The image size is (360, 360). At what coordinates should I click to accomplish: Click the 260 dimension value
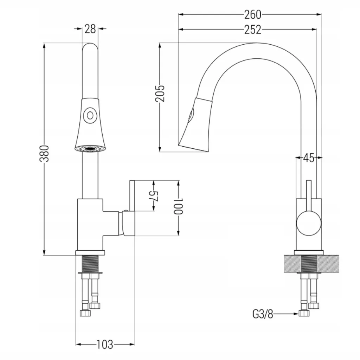pyautogui.click(x=253, y=14)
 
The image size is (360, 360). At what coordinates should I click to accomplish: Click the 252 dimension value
pyautogui.click(x=253, y=30)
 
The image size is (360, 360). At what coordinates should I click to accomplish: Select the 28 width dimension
pyautogui.click(x=90, y=29)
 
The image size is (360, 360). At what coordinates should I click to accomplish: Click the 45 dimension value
pyautogui.click(x=308, y=159)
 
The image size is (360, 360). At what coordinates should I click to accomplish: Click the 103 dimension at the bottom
pyautogui.click(x=105, y=344)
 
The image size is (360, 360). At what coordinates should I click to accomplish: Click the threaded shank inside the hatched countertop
pyautogui.click(x=309, y=263)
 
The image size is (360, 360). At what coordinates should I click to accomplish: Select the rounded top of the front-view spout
pyautogui.click(x=90, y=47)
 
